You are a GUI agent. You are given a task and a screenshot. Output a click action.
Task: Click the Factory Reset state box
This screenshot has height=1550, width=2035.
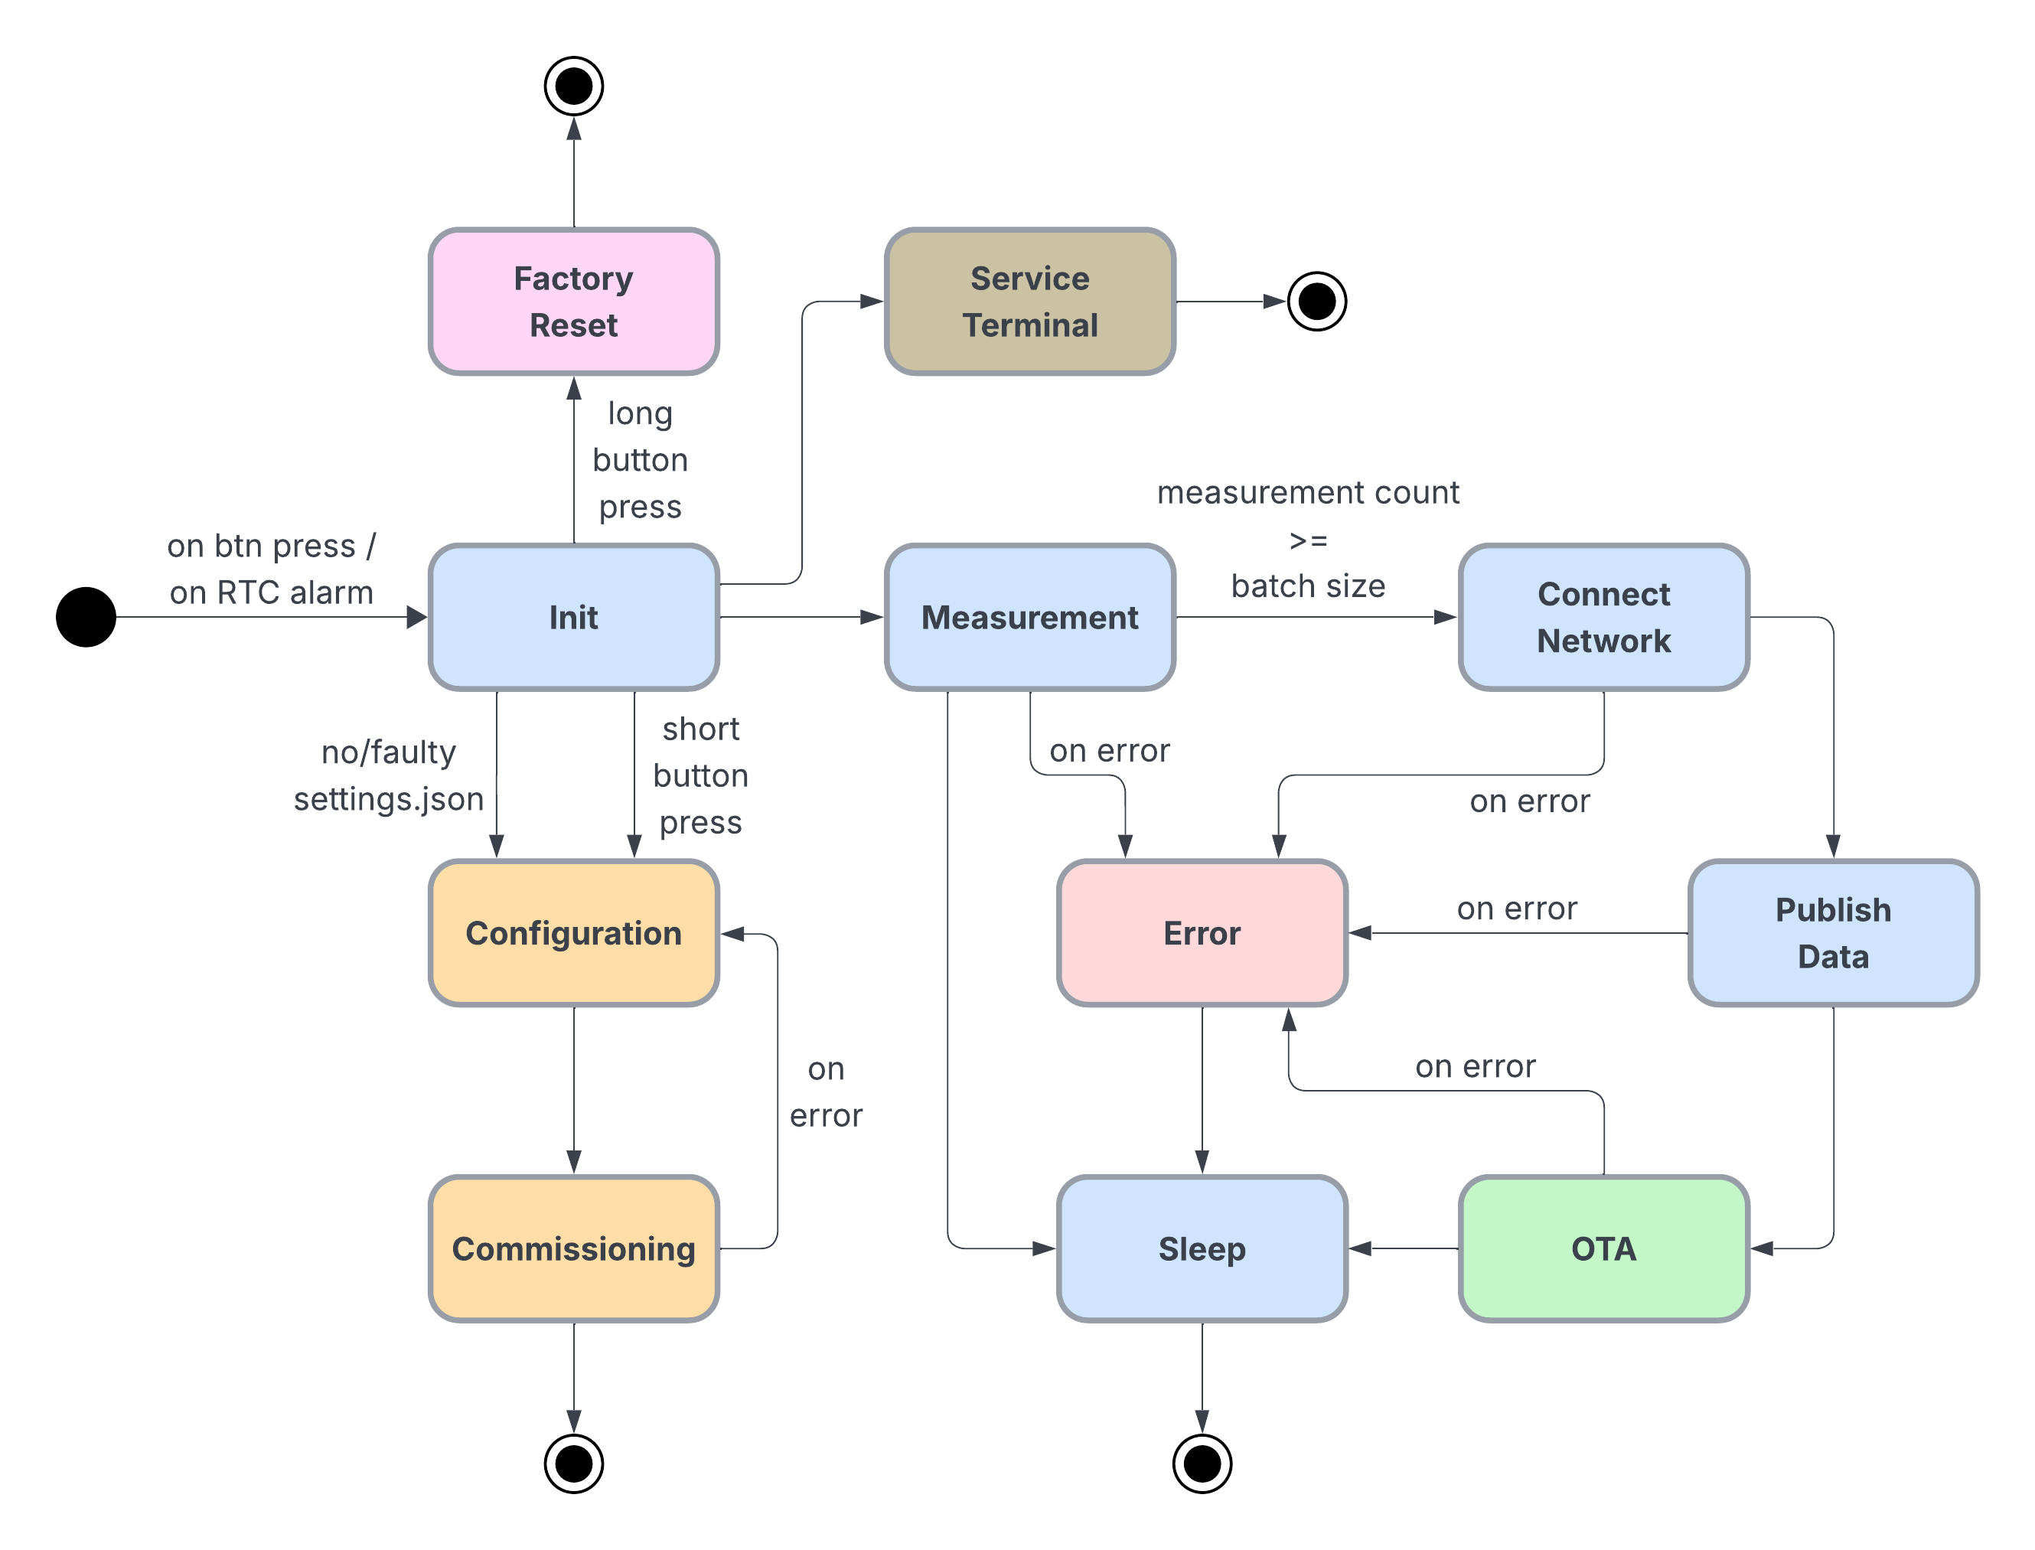click(573, 302)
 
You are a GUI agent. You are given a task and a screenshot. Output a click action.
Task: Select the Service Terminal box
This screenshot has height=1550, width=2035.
click(1029, 302)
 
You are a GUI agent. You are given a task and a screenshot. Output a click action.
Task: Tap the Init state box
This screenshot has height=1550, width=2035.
click(573, 617)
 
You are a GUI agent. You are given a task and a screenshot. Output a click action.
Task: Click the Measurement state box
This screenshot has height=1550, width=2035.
click(1029, 617)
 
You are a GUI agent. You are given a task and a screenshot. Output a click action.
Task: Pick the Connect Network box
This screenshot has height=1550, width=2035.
click(1603, 617)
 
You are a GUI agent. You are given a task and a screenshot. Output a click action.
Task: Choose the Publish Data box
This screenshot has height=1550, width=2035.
click(1833, 933)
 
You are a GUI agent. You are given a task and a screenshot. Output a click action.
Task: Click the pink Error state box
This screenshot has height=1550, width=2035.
click(1202, 933)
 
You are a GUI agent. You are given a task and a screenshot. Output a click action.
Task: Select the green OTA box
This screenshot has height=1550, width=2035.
click(1603, 1248)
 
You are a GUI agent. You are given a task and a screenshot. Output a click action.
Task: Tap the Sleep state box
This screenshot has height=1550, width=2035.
click(1202, 1248)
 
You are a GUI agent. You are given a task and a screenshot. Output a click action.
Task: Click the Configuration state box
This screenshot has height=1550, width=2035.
click(573, 933)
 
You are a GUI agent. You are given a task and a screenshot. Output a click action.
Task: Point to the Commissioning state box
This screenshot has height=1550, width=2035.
click(573, 1248)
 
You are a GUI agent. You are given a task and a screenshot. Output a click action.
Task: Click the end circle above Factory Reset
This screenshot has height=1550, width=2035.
click(574, 86)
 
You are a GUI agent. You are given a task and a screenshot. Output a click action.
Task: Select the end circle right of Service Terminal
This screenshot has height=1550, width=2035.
click(1316, 302)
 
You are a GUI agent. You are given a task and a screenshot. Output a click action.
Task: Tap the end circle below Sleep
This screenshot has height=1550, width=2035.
click(1202, 1464)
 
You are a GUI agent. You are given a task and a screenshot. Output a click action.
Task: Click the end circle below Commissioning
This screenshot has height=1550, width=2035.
click(574, 1464)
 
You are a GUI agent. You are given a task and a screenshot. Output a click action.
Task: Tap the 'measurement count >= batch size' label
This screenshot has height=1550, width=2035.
click(1307, 540)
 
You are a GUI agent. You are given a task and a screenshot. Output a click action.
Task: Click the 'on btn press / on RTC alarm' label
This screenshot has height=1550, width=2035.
click(271, 569)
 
